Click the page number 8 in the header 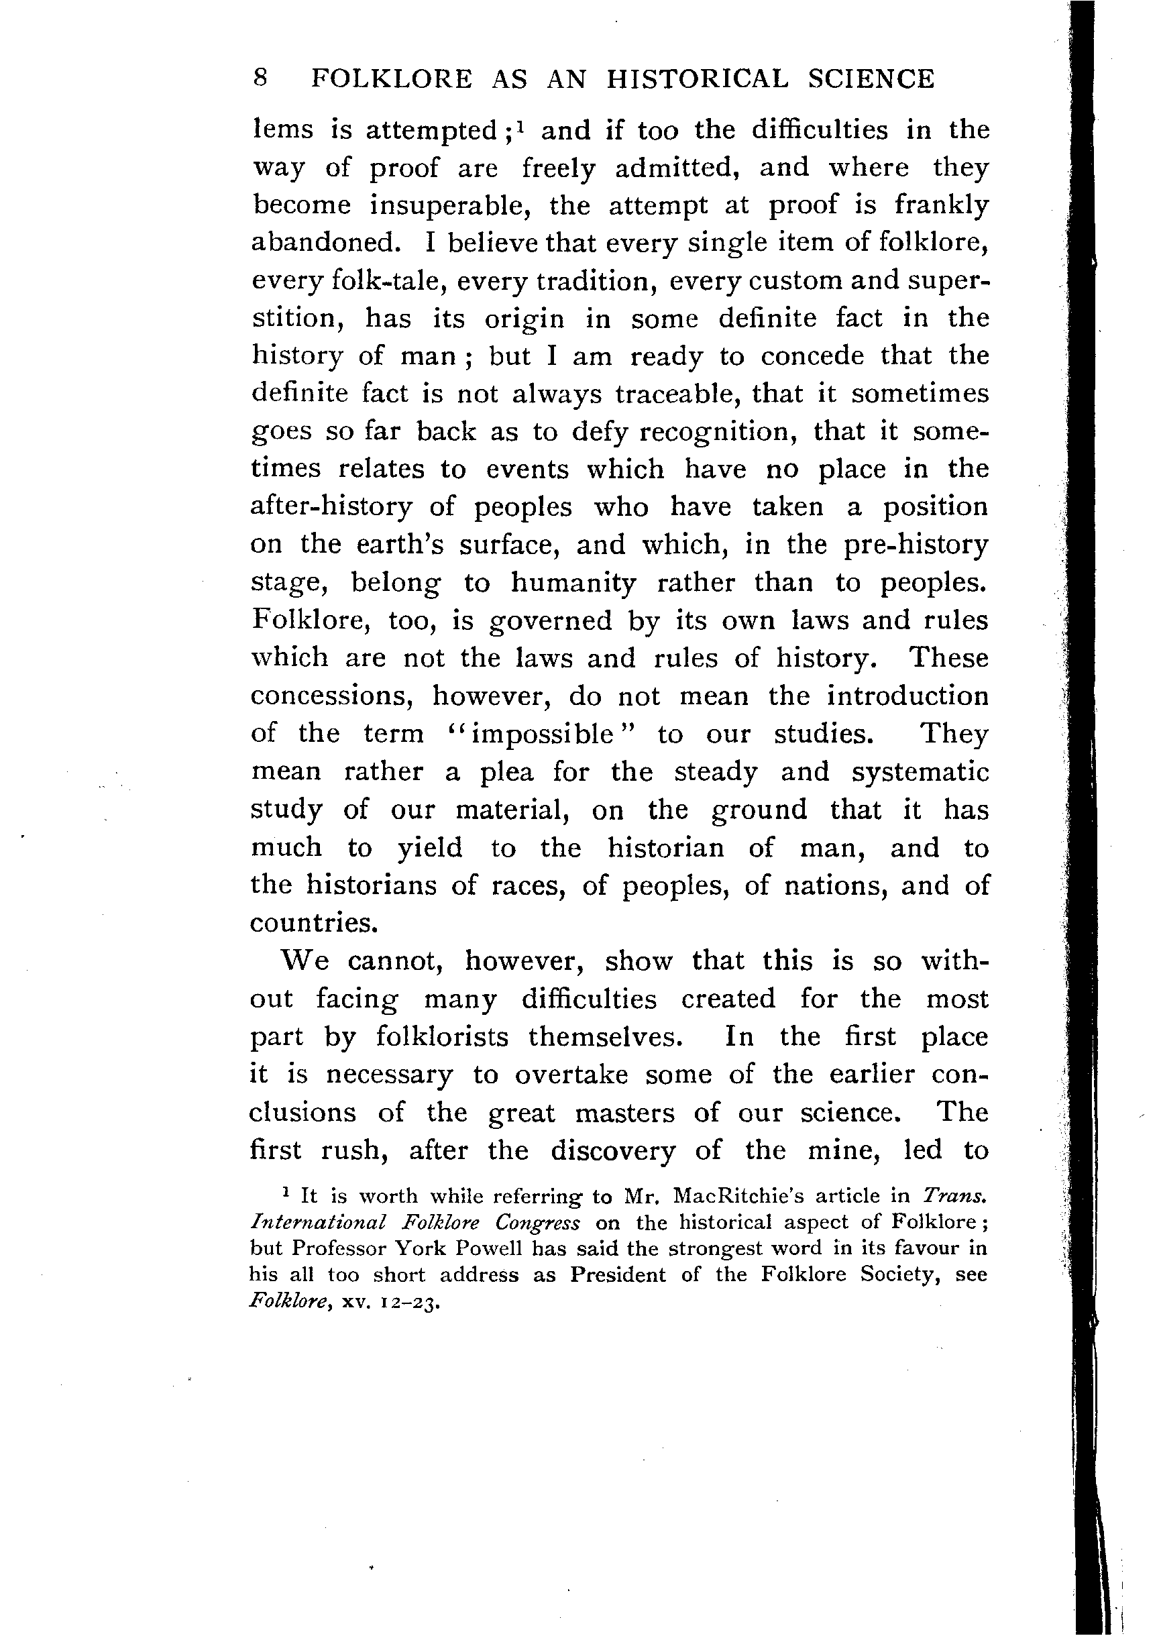coord(260,78)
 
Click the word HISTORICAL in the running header coord(698,78)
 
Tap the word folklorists coord(443,1037)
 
